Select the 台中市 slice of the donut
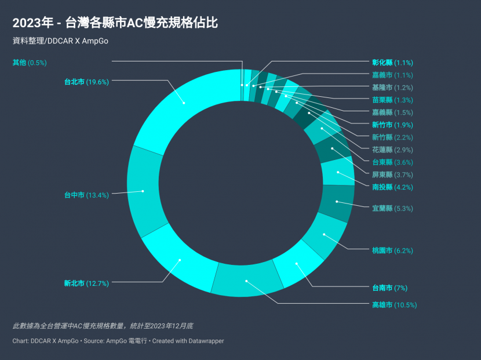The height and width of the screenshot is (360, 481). point(143,191)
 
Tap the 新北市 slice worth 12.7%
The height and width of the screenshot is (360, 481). point(180,260)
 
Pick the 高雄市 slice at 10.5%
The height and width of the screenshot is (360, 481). point(246,281)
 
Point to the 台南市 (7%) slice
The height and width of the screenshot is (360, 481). point(297,264)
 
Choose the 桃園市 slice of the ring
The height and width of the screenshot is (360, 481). point(324,235)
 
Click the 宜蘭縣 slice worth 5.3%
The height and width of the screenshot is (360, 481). point(336,202)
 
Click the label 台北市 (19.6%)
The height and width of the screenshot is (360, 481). point(86,82)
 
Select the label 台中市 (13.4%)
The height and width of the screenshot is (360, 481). point(86,195)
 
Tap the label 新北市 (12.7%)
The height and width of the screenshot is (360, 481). point(86,283)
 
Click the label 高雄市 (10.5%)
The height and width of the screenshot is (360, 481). point(394,305)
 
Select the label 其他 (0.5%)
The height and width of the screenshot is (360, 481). point(30,63)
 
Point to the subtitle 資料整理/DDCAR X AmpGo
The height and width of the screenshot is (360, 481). point(60,41)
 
